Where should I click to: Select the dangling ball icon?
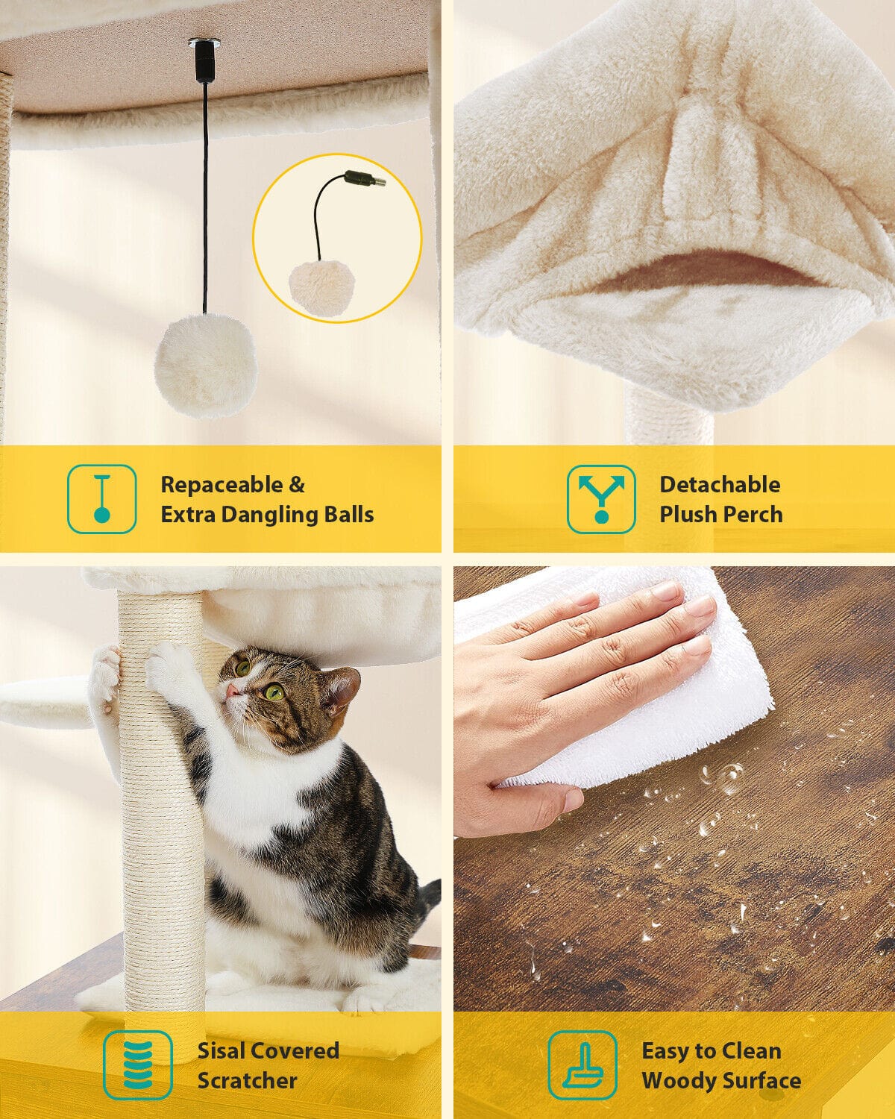coord(102,499)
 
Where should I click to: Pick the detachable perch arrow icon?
coord(601,499)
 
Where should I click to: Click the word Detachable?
coord(720,485)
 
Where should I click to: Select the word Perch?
coord(753,514)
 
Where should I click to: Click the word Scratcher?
coord(247,1081)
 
